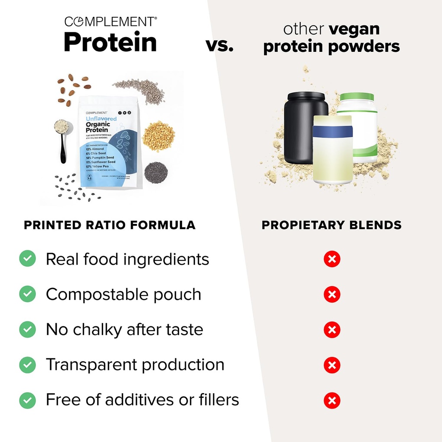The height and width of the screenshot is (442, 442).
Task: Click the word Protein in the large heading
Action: pyautogui.click(x=110, y=42)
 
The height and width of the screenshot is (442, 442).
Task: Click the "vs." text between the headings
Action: pyautogui.click(x=219, y=45)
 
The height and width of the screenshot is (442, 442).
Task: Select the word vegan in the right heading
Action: pyautogui.click(x=354, y=29)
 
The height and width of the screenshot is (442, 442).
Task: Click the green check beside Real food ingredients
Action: pyautogui.click(x=28, y=259)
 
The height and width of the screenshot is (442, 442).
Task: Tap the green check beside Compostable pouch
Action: pyautogui.click(x=28, y=294)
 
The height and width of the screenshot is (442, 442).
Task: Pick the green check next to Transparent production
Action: pyautogui.click(x=28, y=365)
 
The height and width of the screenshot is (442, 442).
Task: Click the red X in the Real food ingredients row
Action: pyautogui.click(x=332, y=259)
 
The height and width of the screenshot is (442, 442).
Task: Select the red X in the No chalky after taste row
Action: pyautogui.click(x=332, y=330)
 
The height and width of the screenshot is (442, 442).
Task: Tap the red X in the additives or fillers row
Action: pyautogui.click(x=332, y=401)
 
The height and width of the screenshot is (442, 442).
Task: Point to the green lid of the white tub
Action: pyautogui.click(x=356, y=97)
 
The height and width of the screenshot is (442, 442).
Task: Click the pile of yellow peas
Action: pyautogui.click(x=158, y=136)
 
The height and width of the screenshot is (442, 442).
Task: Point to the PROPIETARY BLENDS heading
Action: pyautogui.click(x=331, y=225)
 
